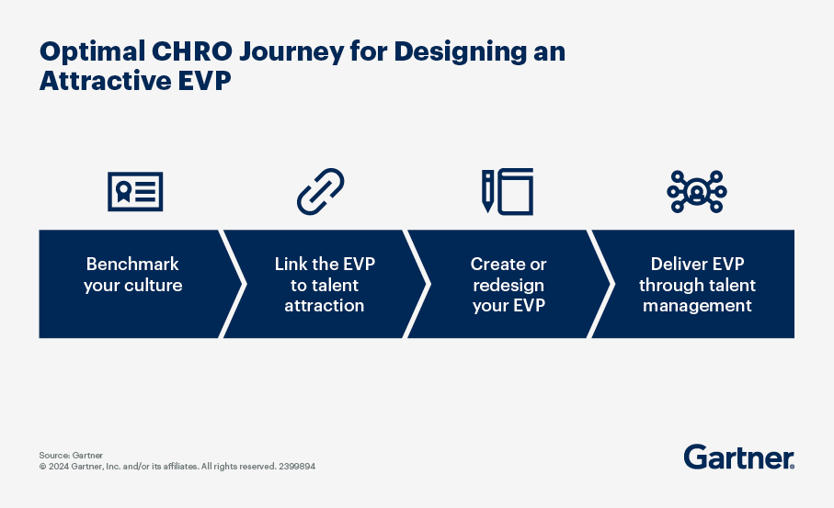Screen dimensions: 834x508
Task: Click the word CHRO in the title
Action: pyautogui.click(x=192, y=51)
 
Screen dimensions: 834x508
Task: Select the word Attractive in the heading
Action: pyautogui.click(x=105, y=81)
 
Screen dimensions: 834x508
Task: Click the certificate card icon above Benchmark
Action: pyautogui.click(x=135, y=191)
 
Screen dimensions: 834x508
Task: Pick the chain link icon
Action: pyautogui.click(x=320, y=192)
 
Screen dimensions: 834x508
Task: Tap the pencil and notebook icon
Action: pyautogui.click(x=508, y=192)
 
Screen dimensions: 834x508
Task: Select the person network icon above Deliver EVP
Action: pyautogui.click(x=697, y=192)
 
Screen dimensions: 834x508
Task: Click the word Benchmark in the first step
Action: pyautogui.click(x=132, y=264)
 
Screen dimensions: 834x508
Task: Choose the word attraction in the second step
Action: pyautogui.click(x=325, y=306)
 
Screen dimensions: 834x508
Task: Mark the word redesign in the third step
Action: pyautogui.click(x=508, y=287)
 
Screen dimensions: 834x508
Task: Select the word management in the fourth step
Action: pyautogui.click(x=697, y=307)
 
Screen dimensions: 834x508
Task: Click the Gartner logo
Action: pyautogui.click(x=739, y=457)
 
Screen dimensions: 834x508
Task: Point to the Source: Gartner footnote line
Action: pyautogui.click(x=71, y=456)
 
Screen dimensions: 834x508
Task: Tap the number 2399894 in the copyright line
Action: pyautogui.click(x=297, y=467)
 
